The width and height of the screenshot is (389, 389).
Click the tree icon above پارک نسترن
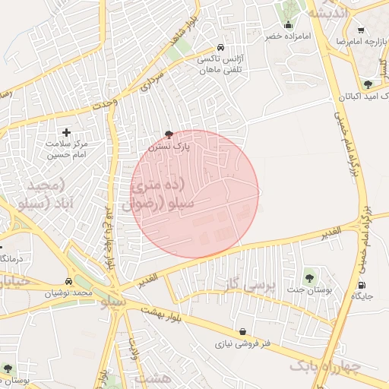tap(168, 134)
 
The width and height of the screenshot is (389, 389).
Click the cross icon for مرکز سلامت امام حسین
tap(66, 132)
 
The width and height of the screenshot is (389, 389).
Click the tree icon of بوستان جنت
tap(309, 277)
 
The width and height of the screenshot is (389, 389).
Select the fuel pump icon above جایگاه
tap(361, 285)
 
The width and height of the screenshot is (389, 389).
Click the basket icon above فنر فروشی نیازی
tap(242, 331)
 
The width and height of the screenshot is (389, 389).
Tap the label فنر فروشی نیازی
tap(242, 344)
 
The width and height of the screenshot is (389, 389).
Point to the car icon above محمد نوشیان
tap(68, 280)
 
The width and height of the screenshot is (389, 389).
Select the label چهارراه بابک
tap(323, 367)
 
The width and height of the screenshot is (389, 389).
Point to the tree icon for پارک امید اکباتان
tap(368, 84)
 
